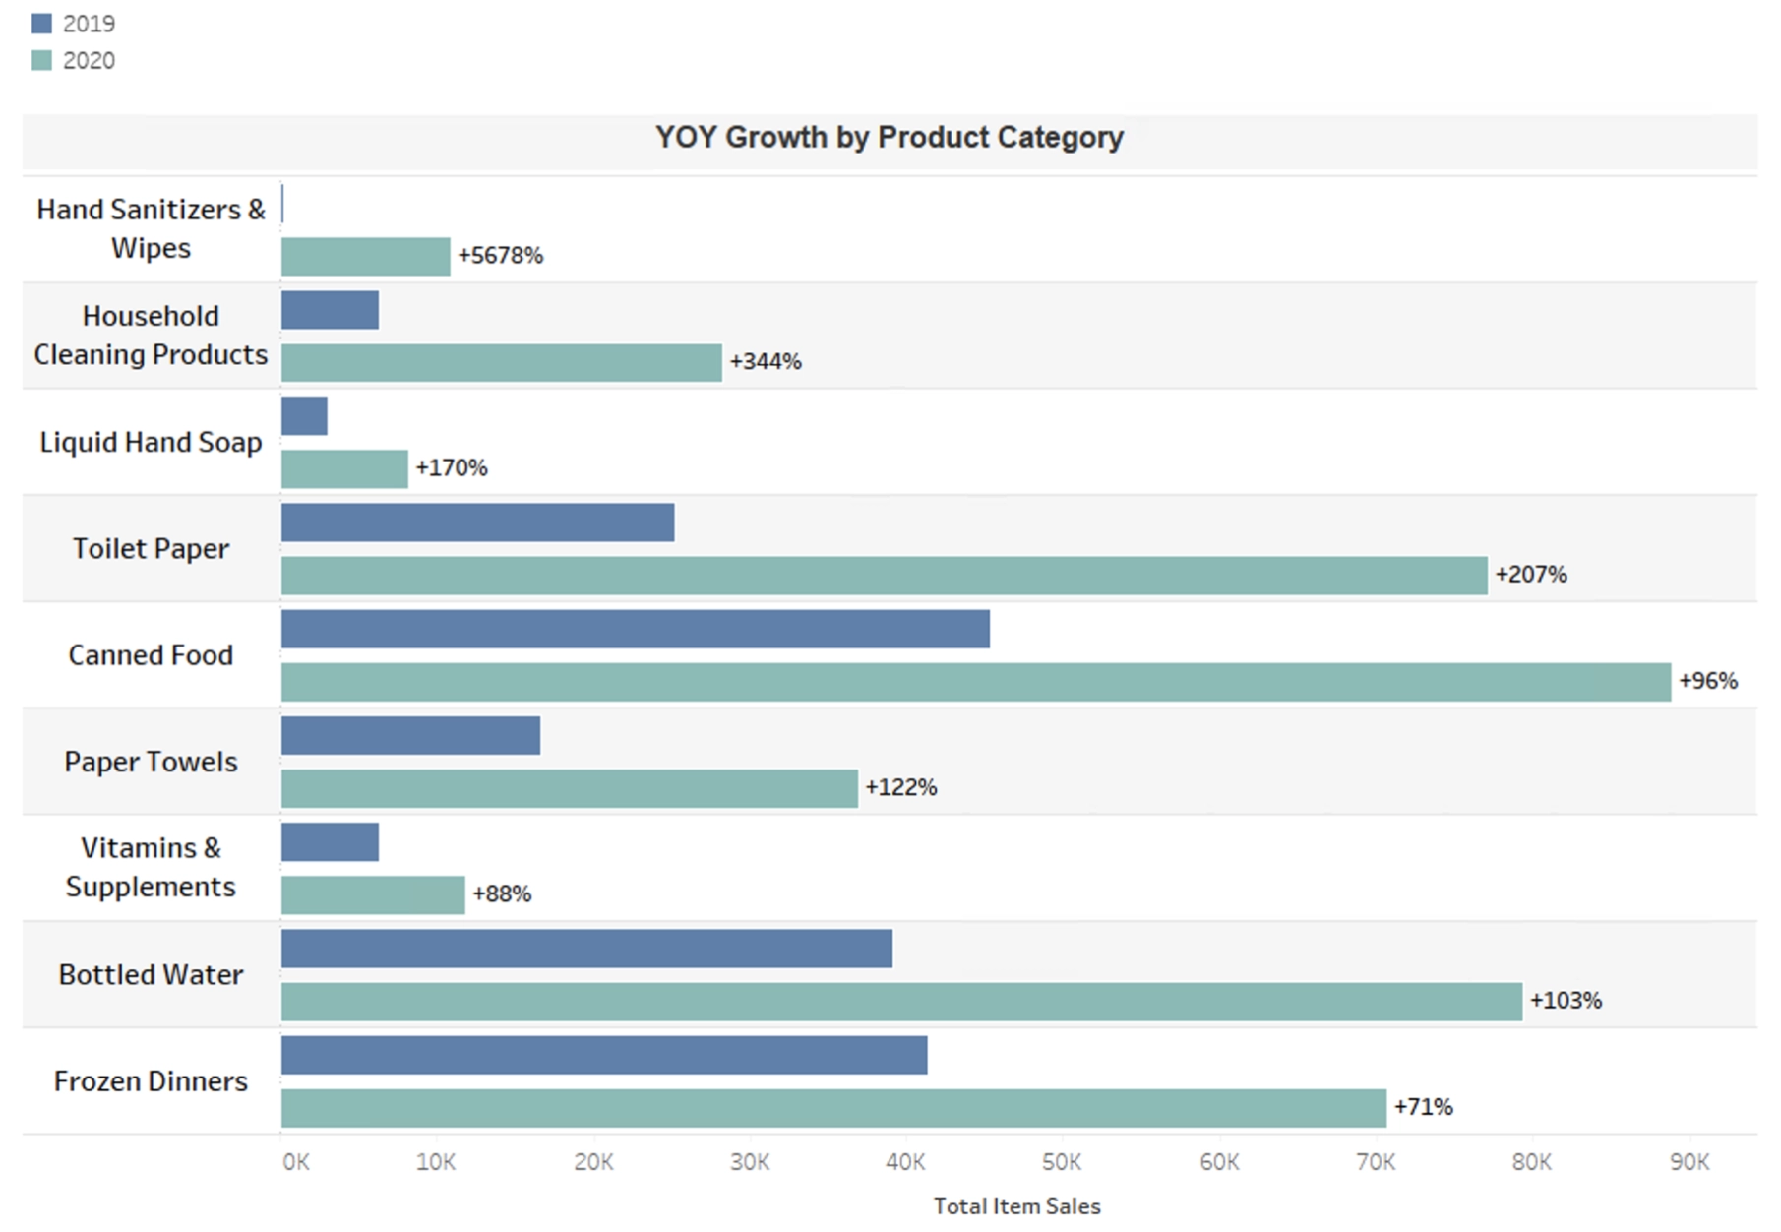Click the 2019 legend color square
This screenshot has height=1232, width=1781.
point(41,24)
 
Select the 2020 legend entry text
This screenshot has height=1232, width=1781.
point(89,61)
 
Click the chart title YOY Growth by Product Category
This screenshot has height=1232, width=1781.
point(889,137)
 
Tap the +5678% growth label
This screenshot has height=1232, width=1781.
point(500,256)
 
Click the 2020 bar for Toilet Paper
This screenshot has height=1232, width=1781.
point(884,576)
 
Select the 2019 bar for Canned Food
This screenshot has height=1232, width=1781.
point(635,629)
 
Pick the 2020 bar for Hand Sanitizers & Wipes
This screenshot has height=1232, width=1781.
point(365,257)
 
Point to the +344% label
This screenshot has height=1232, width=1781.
point(765,362)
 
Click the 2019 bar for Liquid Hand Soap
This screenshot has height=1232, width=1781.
point(304,416)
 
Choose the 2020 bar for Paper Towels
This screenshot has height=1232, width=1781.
point(569,789)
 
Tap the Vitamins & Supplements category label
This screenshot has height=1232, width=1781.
point(151,867)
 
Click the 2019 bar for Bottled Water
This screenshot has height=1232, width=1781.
point(586,949)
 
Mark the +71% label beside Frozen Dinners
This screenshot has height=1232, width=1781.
point(1423,1107)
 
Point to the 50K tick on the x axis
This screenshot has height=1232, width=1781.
point(1062,1162)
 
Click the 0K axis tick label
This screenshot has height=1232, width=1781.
point(295,1162)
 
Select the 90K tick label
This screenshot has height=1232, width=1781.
point(1689,1162)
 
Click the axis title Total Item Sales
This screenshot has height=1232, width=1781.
point(1016,1206)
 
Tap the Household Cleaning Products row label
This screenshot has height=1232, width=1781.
point(151,336)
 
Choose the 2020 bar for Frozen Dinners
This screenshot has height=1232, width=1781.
point(833,1108)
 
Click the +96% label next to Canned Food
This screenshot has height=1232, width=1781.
point(1707,681)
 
